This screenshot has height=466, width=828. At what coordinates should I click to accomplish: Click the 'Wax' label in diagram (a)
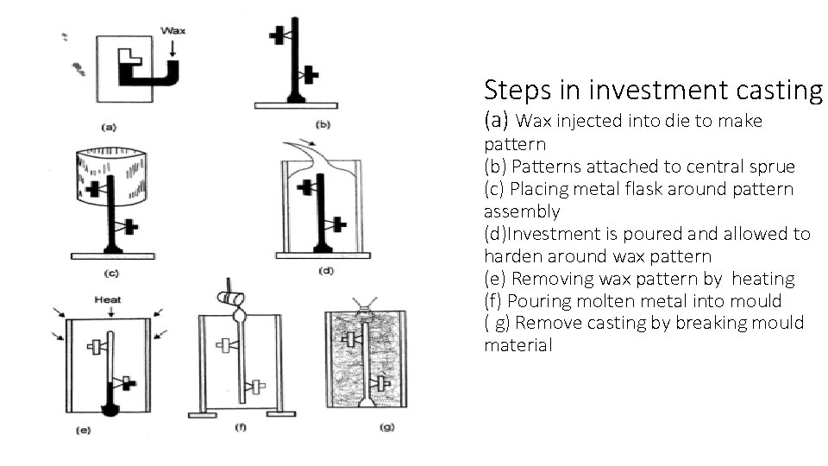pos(173,30)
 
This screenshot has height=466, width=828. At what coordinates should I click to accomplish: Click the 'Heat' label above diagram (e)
pos(109,299)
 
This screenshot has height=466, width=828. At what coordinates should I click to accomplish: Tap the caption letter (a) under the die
pos(110,126)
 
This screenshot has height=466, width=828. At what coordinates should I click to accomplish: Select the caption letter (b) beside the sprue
pos(322,124)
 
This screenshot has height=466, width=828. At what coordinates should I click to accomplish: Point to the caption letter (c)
pos(110,274)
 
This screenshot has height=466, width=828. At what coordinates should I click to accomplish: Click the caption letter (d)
pos(326,271)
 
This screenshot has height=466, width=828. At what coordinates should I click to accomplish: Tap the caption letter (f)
pos(239,427)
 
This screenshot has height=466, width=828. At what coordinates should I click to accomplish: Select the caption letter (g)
pos(386,427)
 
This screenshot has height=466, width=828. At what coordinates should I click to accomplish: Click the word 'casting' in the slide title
pos(780,90)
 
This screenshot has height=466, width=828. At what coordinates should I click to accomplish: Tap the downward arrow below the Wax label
pos(173,48)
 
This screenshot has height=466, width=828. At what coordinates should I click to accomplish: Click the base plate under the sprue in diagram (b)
pos(296,105)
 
